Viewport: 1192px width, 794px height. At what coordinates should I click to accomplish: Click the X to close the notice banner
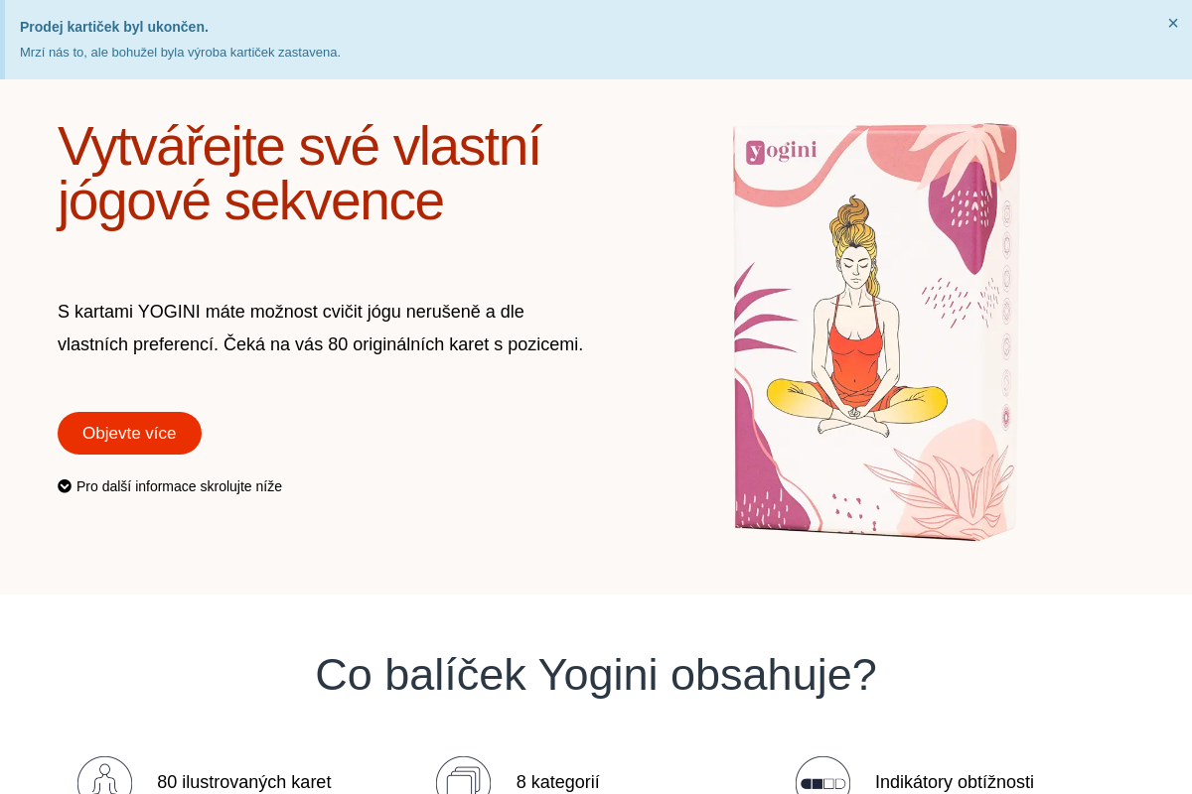1173,23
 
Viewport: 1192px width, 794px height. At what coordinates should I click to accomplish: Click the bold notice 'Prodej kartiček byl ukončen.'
114,27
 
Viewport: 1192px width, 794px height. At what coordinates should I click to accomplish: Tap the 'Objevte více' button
129,433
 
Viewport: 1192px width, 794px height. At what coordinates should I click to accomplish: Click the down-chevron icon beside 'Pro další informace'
65,486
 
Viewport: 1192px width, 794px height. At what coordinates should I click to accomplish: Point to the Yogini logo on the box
782,151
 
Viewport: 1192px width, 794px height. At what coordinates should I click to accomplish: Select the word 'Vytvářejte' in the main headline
170,146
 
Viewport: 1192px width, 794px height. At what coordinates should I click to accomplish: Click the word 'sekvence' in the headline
333,200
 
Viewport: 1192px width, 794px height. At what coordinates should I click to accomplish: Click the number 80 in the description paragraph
338,344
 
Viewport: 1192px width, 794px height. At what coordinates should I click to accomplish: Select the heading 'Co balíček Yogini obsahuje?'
596,675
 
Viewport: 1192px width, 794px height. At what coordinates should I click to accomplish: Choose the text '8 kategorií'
557,782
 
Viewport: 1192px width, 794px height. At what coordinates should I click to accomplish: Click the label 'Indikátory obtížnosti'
954,782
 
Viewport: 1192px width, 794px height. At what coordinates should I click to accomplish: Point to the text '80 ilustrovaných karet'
243,782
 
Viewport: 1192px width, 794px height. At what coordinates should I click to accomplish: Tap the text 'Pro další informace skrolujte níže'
179,486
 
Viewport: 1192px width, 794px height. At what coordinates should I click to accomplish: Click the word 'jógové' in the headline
134,200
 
